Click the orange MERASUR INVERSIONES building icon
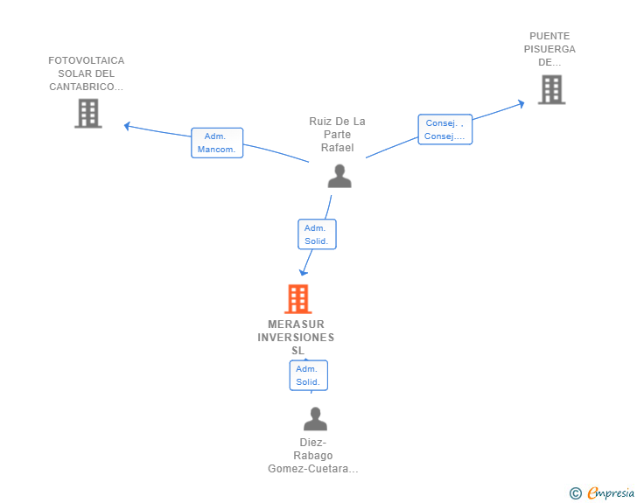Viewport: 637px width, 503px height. click(x=297, y=299)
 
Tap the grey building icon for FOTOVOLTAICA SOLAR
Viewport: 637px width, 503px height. click(x=88, y=113)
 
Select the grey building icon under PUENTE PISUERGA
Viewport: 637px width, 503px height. click(x=551, y=89)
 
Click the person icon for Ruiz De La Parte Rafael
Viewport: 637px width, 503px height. click(x=339, y=176)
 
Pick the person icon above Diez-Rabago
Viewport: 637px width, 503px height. click(x=315, y=419)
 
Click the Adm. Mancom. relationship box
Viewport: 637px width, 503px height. click(x=217, y=143)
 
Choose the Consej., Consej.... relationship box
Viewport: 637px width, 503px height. click(x=444, y=129)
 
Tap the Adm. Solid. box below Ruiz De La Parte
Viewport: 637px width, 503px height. click(x=316, y=234)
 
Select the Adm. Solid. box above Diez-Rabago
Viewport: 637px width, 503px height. click(x=308, y=375)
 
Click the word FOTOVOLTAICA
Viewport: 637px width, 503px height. click(x=87, y=60)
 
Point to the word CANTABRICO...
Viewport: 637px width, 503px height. click(x=85, y=87)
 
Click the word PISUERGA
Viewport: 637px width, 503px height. click(x=549, y=49)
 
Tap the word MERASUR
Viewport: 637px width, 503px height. click(x=296, y=325)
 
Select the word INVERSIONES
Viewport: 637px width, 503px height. click(x=296, y=338)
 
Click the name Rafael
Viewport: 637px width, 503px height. click(x=337, y=148)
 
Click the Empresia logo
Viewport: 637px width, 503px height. click(x=611, y=493)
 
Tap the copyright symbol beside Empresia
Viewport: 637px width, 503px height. click(x=575, y=493)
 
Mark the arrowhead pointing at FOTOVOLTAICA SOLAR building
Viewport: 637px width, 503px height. click(x=128, y=126)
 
